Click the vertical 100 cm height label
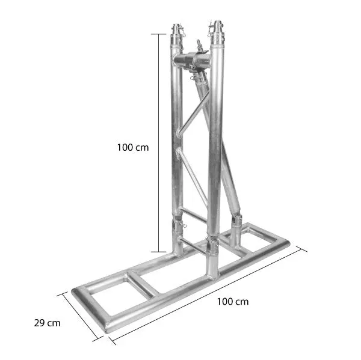point(134,146)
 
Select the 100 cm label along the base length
point(232,301)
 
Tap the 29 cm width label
point(48,323)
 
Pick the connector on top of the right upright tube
point(216,29)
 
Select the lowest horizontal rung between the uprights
point(194,245)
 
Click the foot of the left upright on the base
point(179,246)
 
